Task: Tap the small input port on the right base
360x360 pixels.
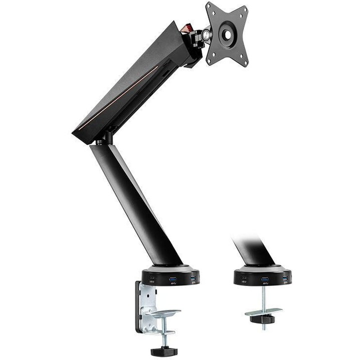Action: [x=244, y=278]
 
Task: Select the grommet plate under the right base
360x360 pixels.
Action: [x=263, y=312]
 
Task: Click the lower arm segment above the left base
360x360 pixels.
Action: [x=135, y=200]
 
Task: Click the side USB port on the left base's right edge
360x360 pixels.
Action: [x=192, y=278]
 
